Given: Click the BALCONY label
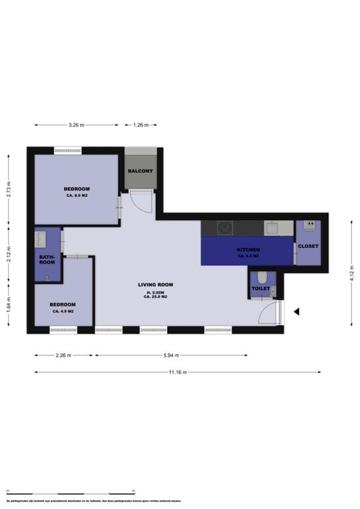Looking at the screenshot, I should click(x=141, y=171).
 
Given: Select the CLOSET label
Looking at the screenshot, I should click(x=308, y=246).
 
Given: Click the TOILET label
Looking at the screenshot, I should click(x=261, y=289).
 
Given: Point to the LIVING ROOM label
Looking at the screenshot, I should click(x=155, y=284).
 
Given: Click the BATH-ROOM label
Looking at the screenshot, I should click(x=46, y=259).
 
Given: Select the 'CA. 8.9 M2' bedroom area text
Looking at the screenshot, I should click(x=78, y=196).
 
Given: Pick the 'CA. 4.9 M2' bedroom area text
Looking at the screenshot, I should click(x=62, y=311).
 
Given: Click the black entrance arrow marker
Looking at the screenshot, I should click(x=297, y=311).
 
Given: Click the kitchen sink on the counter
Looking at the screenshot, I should click(x=272, y=227).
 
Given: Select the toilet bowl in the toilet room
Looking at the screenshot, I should click(x=263, y=277).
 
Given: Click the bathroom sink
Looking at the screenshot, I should click(x=44, y=237).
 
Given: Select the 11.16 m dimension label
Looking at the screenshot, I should click(x=178, y=372).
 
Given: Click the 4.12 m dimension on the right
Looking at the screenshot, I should click(x=352, y=273).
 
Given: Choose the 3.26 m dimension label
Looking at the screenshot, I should click(x=77, y=125).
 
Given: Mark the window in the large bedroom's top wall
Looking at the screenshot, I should click(x=68, y=150).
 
